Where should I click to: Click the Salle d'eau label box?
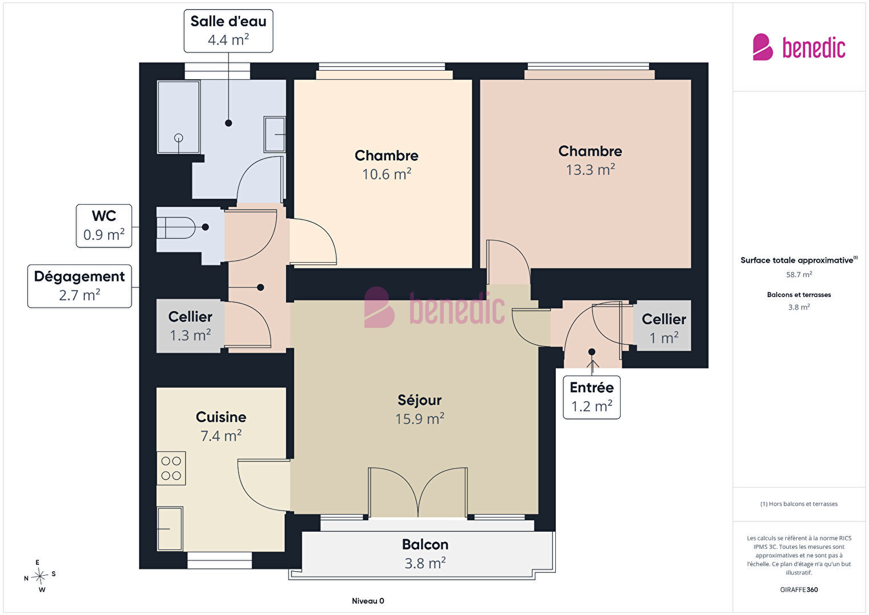pos(228,31)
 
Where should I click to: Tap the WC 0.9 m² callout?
pos(104,226)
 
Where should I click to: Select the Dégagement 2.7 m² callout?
pos(80,286)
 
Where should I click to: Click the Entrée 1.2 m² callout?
pos(592,397)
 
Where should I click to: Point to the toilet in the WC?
pos(176,228)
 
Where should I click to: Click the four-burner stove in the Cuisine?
pos(171,469)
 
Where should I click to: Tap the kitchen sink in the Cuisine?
pos(170,528)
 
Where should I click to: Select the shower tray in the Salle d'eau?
pos(178,117)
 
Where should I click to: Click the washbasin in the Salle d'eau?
pos(274,135)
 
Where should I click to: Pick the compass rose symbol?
pos(39,576)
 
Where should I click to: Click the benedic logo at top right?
pos(799,47)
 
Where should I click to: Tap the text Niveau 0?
pos(368,601)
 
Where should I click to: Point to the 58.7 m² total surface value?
pos(799,275)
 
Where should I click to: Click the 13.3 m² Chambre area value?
pos(590,170)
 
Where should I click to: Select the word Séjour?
pos(419,400)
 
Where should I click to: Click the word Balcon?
pos(425,544)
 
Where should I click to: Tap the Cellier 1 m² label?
pos(664,328)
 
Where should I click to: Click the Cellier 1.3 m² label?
pos(190,326)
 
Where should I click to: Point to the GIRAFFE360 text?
pos(799,589)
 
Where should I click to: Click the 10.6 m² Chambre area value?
pos(387,174)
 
